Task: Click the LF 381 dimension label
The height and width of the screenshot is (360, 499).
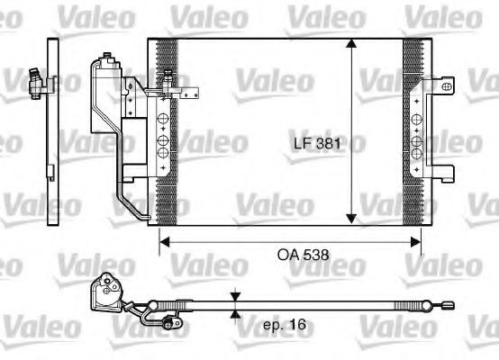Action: point(317,143)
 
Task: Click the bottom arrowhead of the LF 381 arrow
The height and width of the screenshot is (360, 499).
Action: point(351,218)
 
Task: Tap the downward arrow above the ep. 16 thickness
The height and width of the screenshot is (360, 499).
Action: point(234,296)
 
